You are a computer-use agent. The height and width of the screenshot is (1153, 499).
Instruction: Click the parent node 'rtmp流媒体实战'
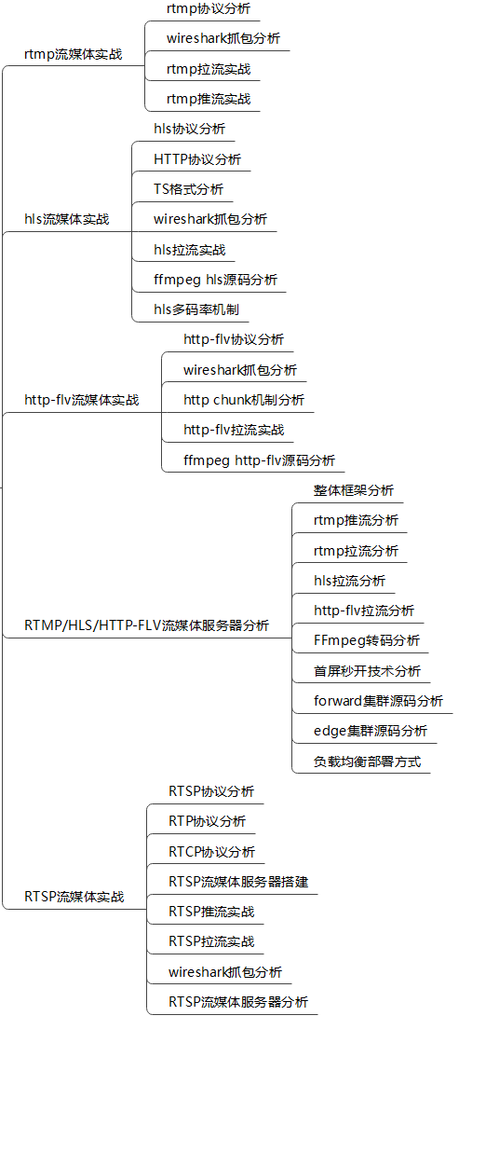[73, 55]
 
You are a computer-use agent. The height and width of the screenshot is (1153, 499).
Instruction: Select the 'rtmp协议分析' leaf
[209, 8]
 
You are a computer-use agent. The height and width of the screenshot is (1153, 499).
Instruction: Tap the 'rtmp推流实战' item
[209, 99]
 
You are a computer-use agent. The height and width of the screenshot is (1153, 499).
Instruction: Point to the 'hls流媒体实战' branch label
[67, 219]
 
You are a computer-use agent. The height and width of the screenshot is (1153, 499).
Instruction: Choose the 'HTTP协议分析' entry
[197, 159]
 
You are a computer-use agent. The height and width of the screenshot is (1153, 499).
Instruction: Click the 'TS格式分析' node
[188, 189]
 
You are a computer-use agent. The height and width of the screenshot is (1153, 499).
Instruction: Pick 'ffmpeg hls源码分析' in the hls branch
[215, 280]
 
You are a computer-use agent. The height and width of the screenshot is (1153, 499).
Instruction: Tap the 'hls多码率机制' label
[196, 309]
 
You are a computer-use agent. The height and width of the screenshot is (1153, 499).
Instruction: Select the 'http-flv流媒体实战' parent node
[82, 400]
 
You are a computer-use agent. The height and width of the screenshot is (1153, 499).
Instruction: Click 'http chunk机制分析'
[244, 400]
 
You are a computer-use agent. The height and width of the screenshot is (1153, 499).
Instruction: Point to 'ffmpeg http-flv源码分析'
[259, 460]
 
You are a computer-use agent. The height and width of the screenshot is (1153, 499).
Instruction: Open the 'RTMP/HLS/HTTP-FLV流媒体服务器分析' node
[146, 625]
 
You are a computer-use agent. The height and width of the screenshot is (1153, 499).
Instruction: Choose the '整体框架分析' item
[354, 490]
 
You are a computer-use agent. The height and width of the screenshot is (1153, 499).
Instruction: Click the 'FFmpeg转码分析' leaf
[367, 640]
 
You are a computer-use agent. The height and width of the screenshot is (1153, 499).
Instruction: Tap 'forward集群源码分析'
[378, 701]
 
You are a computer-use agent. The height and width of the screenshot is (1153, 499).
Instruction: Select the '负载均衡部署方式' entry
[367, 762]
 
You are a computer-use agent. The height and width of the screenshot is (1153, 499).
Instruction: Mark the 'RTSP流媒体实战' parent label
[74, 897]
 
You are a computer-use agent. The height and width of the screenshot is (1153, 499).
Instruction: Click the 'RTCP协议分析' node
[211, 852]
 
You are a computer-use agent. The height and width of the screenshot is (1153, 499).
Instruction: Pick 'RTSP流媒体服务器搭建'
[238, 882]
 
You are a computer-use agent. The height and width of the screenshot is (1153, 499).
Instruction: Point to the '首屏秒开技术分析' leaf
[367, 671]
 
